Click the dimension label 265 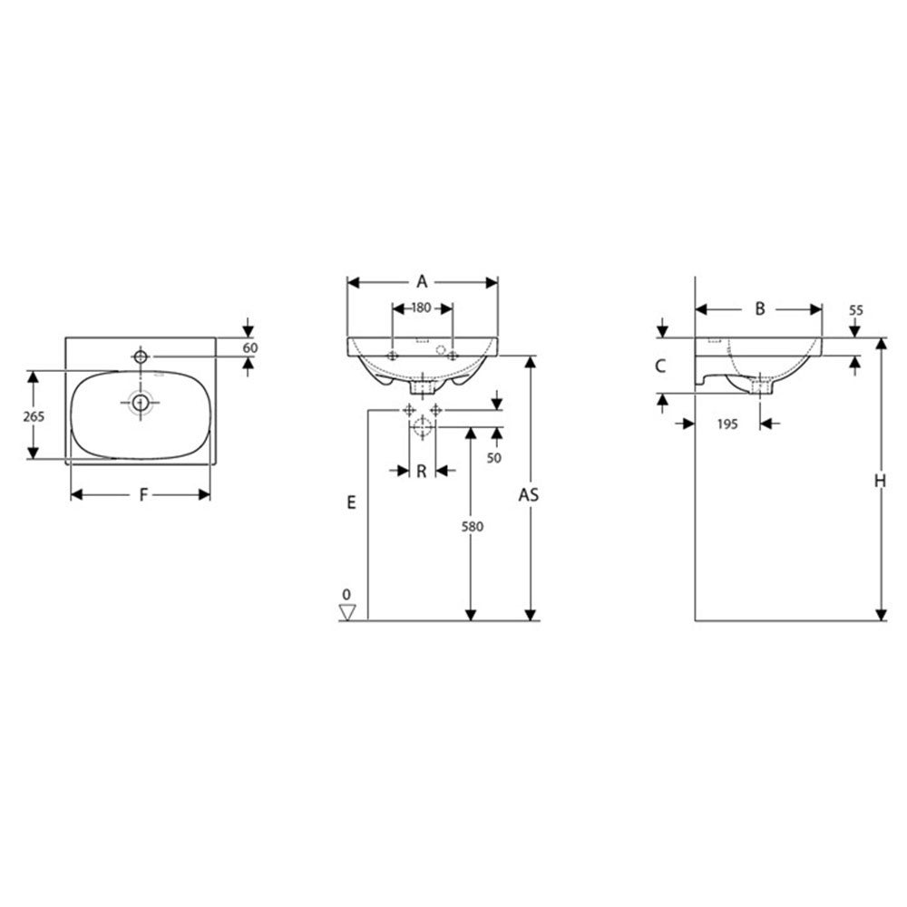pyautogui.click(x=34, y=416)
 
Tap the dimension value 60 pyautogui.click(x=250, y=347)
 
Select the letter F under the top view pyautogui.click(x=144, y=494)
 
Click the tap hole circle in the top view pyautogui.click(x=141, y=356)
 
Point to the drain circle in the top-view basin pyautogui.click(x=141, y=402)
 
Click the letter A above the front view pyautogui.click(x=423, y=282)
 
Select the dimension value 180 pyautogui.click(x=422, y=307)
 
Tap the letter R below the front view pyautogui.click(x=421, y=472)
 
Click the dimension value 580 pyautogui.click(x=472, y=526)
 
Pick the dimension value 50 pyautogui.click(x=494, y=458)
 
